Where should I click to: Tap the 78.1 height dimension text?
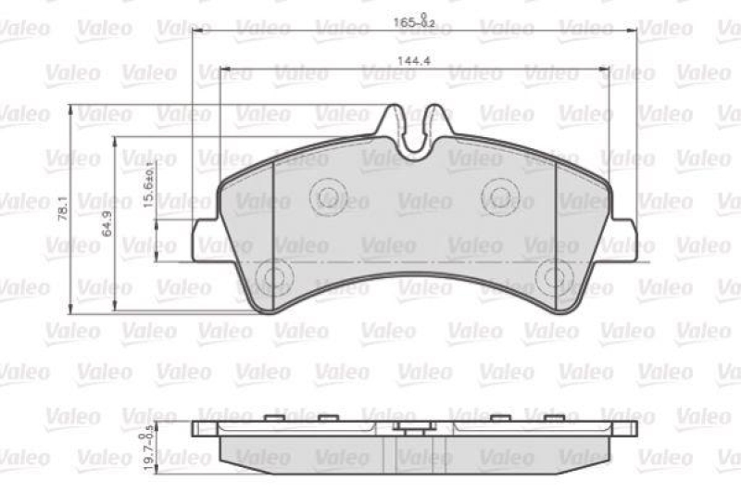[64, 209]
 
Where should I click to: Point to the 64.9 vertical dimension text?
[107, 223]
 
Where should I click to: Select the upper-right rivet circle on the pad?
[501, 196]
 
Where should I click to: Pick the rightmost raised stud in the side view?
[553, 419]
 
